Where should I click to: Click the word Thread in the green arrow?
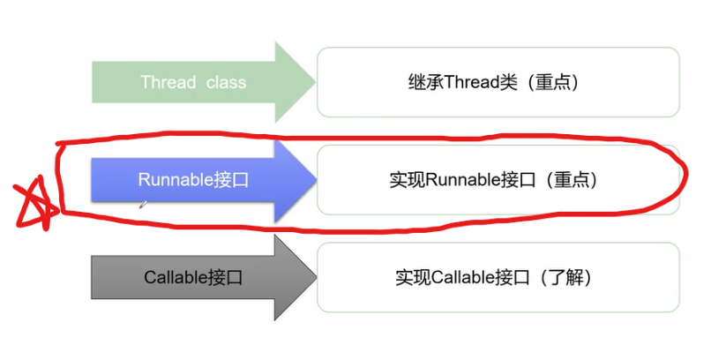[168, 82]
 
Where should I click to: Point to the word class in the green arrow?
[227, 82]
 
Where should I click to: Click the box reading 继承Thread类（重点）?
[498, 82]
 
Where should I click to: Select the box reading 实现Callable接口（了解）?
[498, 277]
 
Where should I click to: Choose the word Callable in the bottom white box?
[467, 278]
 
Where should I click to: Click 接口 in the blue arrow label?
[231, 179]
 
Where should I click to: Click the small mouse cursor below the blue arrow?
[143, 205]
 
